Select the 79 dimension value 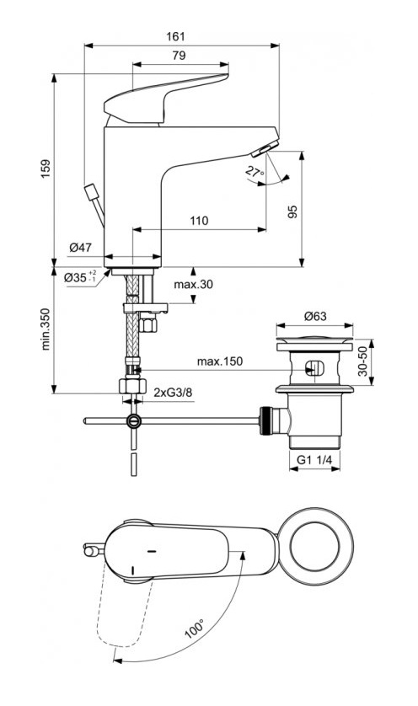click(179, 56)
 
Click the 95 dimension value click(292, 211)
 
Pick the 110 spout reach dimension click(198, 221)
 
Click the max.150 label click(218, 361)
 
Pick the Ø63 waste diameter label click(315, 318)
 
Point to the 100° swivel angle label click(196, 629)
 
